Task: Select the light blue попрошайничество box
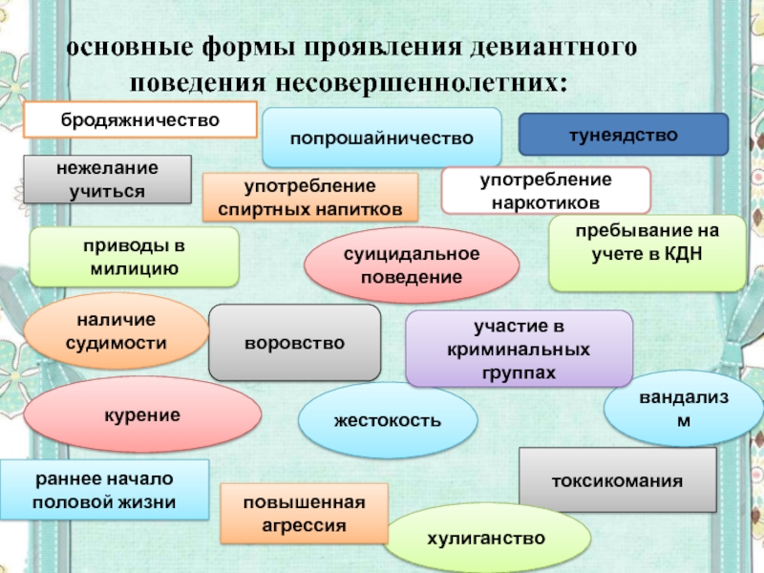pyautogui.click(x=382, y=138)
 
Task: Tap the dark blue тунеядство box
pyautogui.click(x=623, y=135)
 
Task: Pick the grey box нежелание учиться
pyautogui.click(x=107, y=180)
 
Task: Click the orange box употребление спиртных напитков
pyautogui.click(x=310, y=197)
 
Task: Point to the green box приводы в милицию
pyautogui.click(x=134, y=257)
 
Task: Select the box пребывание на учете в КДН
pyautogui.click(x=647, y=252)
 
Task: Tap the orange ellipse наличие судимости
pyautogui.click(x=117, y=330)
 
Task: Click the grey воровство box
pyautogui.click(x=294, y=342)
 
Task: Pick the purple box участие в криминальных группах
pyautogui.click(x=519, y=348)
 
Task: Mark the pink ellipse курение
pyautogui.click(x=142, y=414)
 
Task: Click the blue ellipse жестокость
pyautogui.click(x=388, y=420)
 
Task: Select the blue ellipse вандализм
pyautogui.click(x=683, y=408)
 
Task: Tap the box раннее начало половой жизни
pyautogui.click(x=104, y=489)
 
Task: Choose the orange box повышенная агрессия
pyautogui.click(x=305, y=514)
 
